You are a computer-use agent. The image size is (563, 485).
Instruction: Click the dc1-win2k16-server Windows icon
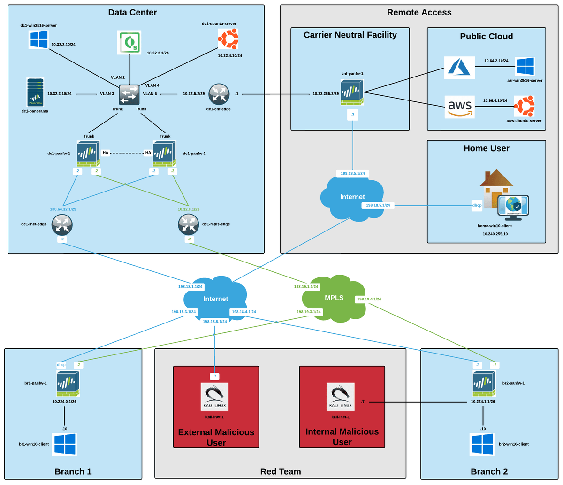tap(38, 39)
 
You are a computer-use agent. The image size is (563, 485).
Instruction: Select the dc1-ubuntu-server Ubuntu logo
tap(228, 38)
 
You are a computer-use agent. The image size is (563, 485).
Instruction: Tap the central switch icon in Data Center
tap(129, 94)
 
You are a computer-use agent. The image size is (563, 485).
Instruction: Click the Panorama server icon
tap(35, 92)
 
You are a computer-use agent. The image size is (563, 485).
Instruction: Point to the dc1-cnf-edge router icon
tap(219, 94)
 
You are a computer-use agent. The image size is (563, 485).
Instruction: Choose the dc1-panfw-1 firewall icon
tap(88, 154)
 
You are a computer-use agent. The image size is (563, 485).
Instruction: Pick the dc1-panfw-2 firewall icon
tap(165, 154)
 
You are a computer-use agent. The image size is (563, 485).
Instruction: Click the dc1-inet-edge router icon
tap(62, 224)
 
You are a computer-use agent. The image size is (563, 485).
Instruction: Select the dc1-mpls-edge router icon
tap(189, 224)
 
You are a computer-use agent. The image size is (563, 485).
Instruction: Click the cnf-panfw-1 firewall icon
tap(352, 92)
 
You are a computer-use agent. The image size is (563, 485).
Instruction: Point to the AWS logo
tap(459, 107)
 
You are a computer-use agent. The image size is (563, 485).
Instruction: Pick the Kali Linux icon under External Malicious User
tap(214, 397)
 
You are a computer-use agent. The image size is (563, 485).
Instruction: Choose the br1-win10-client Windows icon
tap(65, 444)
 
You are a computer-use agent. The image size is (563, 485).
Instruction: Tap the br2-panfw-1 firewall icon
tap(484, 384)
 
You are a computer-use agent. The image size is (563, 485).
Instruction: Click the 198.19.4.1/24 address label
tap(369, 299)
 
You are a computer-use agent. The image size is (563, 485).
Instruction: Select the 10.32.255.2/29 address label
tap(326, 94)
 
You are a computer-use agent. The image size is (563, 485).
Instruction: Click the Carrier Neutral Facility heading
tap(350, 35)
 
